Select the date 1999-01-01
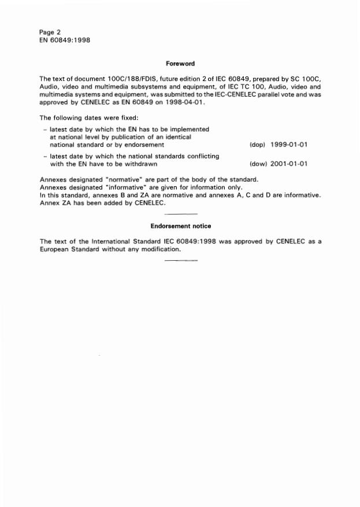click(288, 145)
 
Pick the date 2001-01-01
click(288, 164)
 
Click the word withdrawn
click(132, 164)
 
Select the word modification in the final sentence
click(157, 250)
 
